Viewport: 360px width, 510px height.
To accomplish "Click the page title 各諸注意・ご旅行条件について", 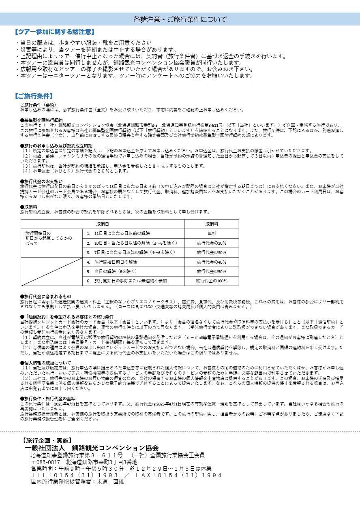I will click(180, 19).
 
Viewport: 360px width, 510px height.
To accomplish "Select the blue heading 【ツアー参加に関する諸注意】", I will click(54, 32).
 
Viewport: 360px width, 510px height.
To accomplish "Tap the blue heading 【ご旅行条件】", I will click(34, 96).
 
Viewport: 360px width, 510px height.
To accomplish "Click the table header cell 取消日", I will click(103, 224).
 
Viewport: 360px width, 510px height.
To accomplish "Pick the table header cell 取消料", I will click(212, 224).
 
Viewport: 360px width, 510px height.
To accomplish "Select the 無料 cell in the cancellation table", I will click(212, 234).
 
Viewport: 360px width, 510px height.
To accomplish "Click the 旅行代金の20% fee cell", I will click(212, 243).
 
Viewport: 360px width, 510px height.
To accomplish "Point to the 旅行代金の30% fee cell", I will click(212, 252).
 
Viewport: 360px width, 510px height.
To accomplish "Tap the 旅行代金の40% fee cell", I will click(212, 262).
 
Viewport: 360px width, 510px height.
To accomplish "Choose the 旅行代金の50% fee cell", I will click(212, 271).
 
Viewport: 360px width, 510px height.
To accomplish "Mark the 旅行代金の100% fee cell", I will click(212, 281).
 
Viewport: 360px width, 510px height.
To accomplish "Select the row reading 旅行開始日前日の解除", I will click(116, 262).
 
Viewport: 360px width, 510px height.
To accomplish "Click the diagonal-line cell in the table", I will click(51, 271).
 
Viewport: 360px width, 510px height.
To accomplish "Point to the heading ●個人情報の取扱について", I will click(45, 363).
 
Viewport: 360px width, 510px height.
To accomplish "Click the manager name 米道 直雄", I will click(110, 482).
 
